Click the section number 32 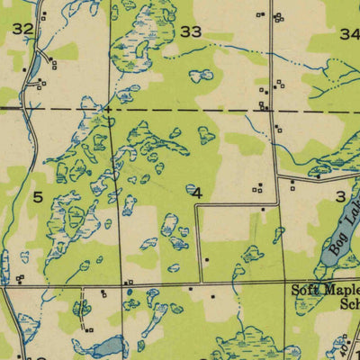(x=22, y=29)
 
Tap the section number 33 (x=191, y=31)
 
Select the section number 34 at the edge (x=350, y=33)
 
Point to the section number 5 (x=38, y=195)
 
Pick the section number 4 (x=196, y=192)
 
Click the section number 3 (x=340, y=196)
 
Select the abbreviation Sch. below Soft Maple (x=348, y=303)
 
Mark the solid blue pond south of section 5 (x=107, y=345)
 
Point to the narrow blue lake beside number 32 (x=33, y=66)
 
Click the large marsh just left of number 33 (x=137, y=40)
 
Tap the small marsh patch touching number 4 (x=191, y=189)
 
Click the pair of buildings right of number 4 (x=258, y=188)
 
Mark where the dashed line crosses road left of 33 (x=109, y=109)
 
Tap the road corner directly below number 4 (x=197, y=286)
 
